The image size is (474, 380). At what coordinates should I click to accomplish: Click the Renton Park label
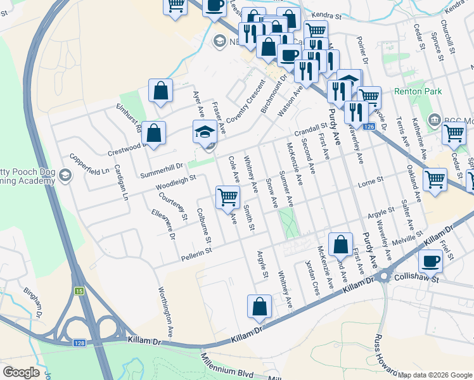[x=418, y=92]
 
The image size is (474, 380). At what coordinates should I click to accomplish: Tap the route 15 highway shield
[x=79, y=291]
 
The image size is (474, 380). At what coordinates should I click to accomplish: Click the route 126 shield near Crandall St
[x=370, y=127]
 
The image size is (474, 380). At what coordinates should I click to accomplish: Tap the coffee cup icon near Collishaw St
[x=431, y=261]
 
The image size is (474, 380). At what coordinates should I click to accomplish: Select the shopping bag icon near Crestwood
[x=153, y=134]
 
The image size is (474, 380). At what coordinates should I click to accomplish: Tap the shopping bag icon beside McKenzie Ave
[x=340, y=244]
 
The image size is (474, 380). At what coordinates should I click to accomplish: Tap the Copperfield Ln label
[x=90, y=163]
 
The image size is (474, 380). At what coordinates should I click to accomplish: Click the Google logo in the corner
[x=21, y=372]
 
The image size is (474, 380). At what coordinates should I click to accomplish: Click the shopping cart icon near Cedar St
[x=454, y=134]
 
